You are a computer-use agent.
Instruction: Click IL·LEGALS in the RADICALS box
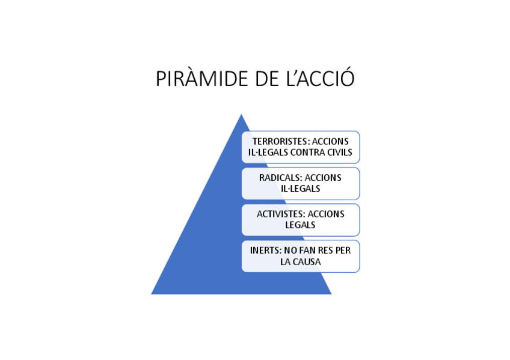[300, 189]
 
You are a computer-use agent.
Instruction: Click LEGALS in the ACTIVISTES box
[300, 225]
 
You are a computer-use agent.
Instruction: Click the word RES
[327, 251]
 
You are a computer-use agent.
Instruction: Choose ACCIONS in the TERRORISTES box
[330, 141]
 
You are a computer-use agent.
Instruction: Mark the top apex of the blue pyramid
[241, 114]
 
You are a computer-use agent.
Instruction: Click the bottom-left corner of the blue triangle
[152, 294]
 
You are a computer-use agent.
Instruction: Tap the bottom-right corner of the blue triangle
[331, 294]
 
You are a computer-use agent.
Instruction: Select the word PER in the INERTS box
[344, 251]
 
